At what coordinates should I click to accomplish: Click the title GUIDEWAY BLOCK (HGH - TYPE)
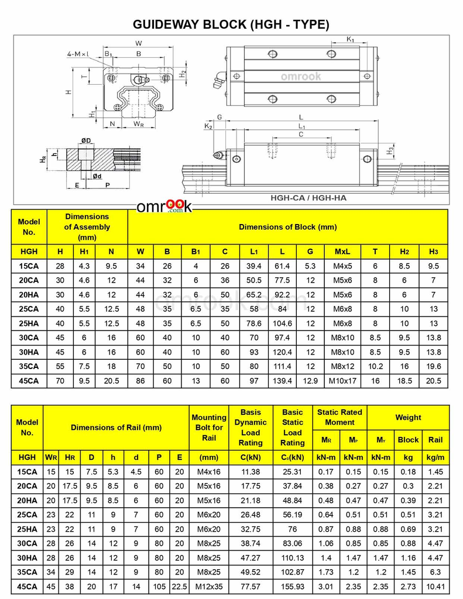click(x=231, y=25)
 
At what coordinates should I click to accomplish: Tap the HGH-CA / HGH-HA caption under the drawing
click(x=308, y=198)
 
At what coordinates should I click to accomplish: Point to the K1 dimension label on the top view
click(x=350, y=40)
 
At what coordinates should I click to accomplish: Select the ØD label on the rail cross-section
click(x=85, y=140)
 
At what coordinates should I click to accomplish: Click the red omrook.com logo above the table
click(x=164, y=206)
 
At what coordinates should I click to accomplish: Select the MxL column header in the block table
click(x=342, y=252)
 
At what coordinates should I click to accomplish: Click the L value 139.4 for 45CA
click(x=283, y=381)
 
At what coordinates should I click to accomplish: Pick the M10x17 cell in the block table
click(x=342, y=381)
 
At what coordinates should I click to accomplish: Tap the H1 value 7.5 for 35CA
click(x=84, y=366)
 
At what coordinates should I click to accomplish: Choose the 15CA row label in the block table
click(x=29, y=266)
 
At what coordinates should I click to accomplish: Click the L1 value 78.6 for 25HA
click(x=253, y=323)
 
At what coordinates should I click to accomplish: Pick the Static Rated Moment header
click(x=339, y=417)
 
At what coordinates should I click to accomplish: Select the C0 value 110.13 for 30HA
click(x=292, y=558)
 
